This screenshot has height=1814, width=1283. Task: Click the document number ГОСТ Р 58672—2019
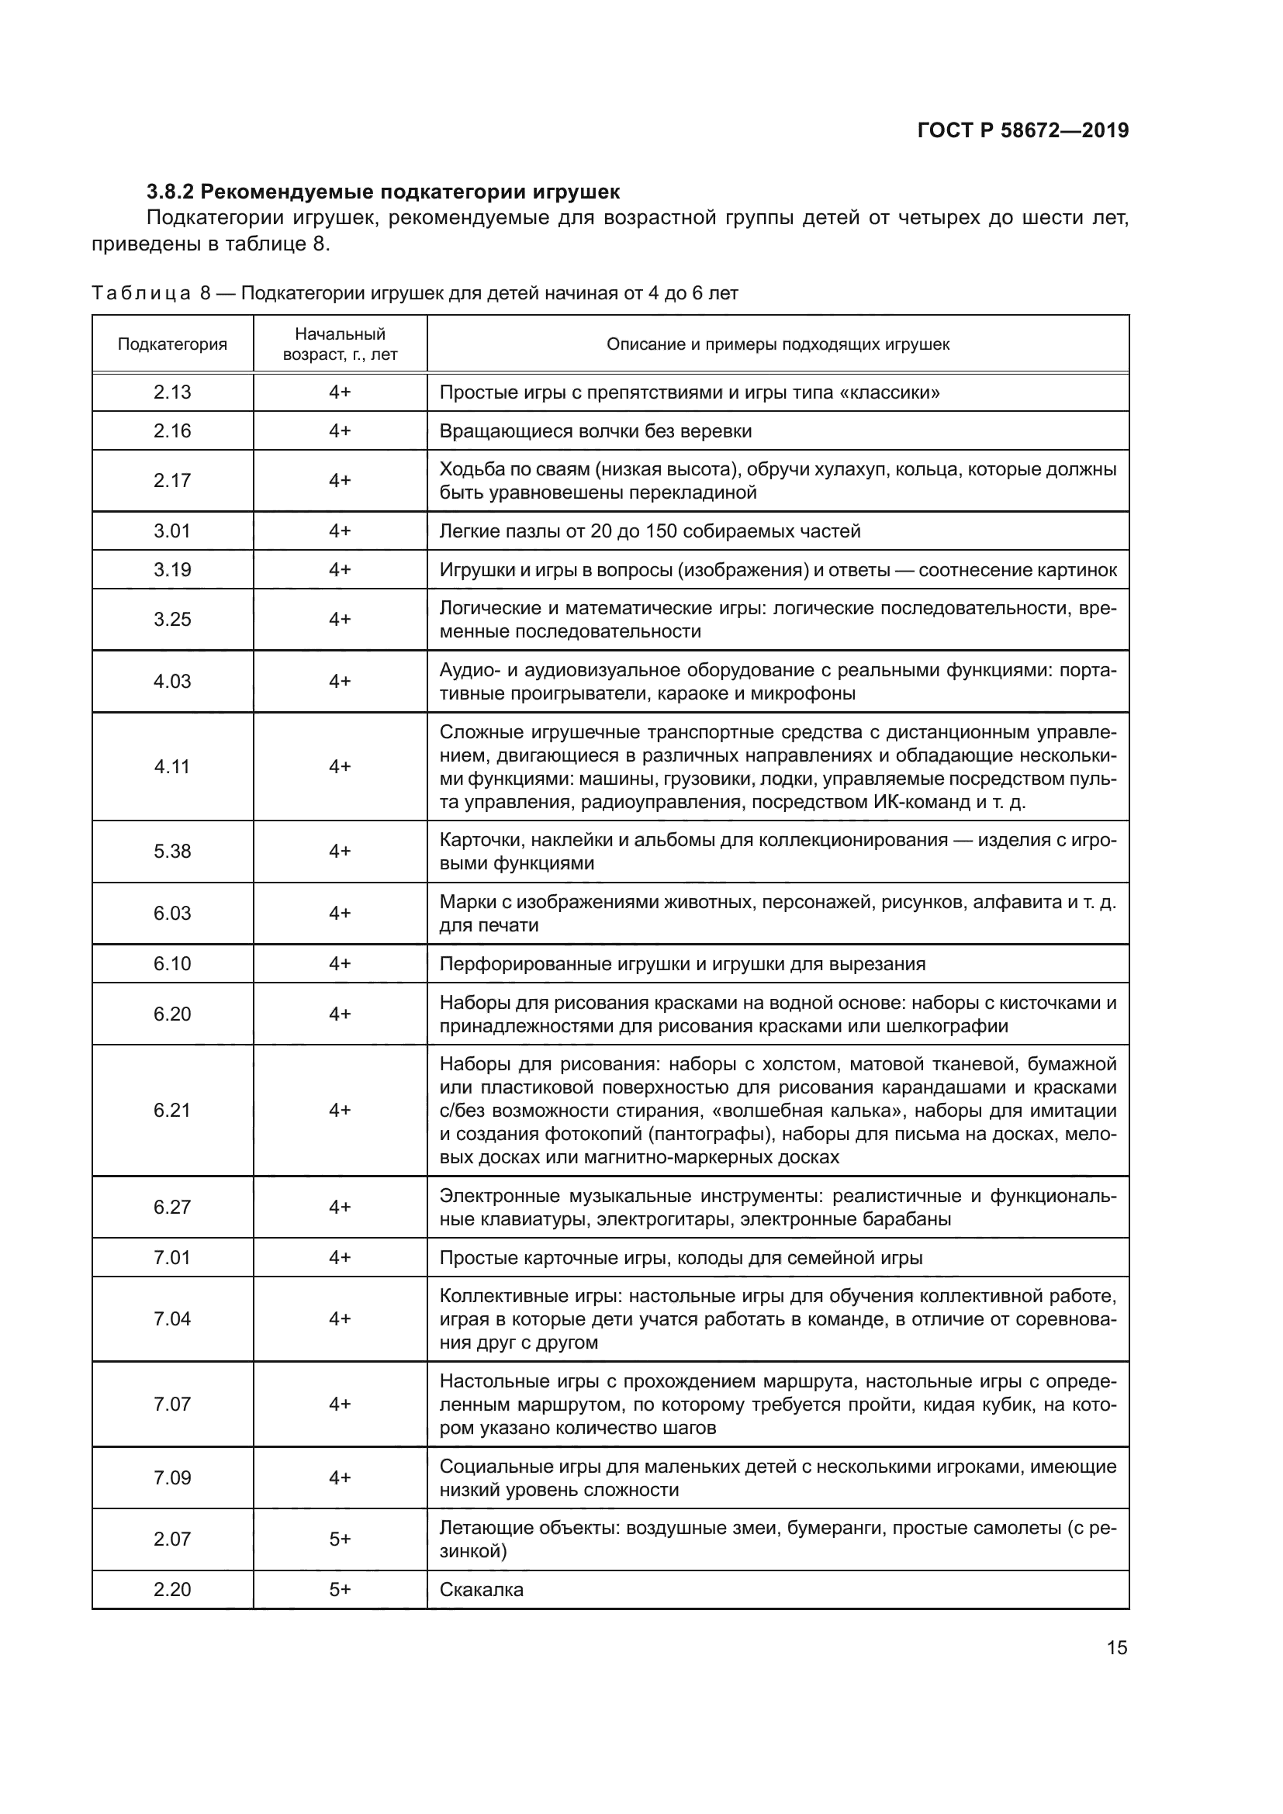[1022, 130]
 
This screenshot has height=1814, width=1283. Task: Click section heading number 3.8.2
[170, 192]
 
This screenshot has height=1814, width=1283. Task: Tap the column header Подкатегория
[172, 344]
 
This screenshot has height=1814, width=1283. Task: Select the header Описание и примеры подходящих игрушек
[777, 344]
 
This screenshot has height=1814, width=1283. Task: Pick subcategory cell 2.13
[172, 392]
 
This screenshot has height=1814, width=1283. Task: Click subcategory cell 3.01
[172, 531]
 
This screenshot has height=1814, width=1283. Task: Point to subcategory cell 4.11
[172, 766]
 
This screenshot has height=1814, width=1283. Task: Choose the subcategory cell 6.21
[172, 1110]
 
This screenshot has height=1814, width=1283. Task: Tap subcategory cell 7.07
[172, 1404]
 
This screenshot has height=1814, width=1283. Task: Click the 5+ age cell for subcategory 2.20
[340, 1590]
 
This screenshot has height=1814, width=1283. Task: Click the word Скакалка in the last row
[481, 1590]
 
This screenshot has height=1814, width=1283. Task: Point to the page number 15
[1116, 1648]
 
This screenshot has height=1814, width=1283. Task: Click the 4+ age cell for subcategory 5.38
[340, 851]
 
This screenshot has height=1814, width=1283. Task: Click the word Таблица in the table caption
[140, 294]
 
